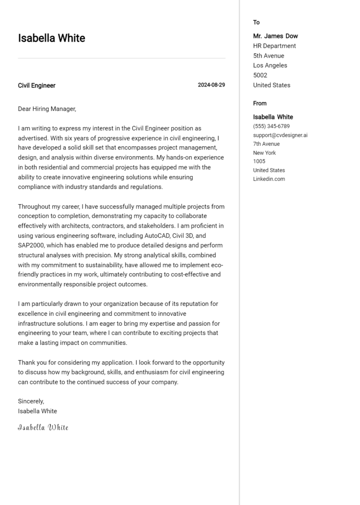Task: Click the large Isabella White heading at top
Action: click(52, 38)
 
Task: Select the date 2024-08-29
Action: click(211, 85)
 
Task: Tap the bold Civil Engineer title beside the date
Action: click(37, 86)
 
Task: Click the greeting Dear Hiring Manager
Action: click(47, 109)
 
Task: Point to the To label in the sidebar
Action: click(256, 22)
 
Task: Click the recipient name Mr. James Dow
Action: click(275, 36)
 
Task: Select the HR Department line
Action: click(274, 46)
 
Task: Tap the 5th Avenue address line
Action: click(269, 56)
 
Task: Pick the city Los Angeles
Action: click(270, 66)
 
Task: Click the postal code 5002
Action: click(260, 75)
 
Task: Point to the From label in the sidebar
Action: click(260, 104)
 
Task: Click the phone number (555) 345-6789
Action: click(271, 126)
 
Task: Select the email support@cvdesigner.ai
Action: click(280, 135)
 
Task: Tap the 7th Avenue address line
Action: click(266, 144)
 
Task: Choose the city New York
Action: click(264, 153)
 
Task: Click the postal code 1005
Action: click(259, 162)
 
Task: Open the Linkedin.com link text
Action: click(269, 179)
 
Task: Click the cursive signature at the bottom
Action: click(43, 427)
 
